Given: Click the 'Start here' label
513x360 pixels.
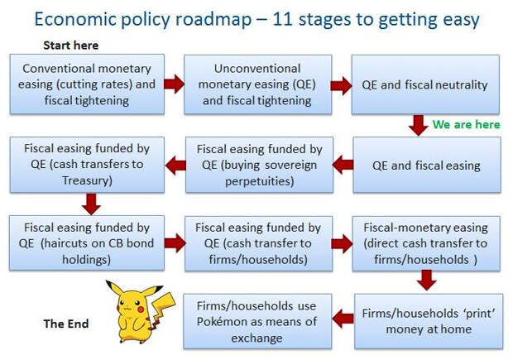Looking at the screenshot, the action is [70, 46].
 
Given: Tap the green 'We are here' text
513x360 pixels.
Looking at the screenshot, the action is [466, 124].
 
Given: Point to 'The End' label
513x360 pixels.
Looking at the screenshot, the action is [66, 324].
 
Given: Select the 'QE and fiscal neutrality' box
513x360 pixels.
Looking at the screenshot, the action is [425, 84].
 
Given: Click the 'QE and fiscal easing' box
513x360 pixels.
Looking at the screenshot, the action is [427, 165].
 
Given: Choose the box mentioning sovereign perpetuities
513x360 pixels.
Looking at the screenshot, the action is [260, 165].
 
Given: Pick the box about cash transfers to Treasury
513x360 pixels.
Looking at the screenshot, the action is [87, 165].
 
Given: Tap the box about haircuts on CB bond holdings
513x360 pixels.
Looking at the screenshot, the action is [87, 242].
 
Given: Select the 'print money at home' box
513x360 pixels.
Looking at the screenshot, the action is [429, 321].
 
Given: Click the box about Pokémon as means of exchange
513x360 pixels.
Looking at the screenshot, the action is [257, 321].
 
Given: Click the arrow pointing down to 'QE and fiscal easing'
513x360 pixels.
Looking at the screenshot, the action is [418, 125].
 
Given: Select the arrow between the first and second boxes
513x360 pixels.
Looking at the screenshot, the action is [175, 84].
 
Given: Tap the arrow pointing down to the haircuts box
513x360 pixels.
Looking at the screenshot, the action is [91, 204].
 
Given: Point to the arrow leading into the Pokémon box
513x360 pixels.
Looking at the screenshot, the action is [343, 319].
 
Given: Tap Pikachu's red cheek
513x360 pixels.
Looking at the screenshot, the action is [141, 309].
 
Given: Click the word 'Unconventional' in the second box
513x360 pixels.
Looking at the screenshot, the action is [257, 69].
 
